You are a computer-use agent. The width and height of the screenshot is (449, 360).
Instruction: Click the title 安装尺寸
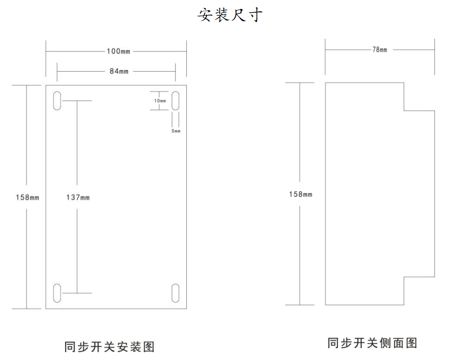[230, 15]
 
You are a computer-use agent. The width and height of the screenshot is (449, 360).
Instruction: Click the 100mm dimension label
[118, 52]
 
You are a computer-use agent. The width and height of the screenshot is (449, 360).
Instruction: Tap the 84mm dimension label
[119, 71]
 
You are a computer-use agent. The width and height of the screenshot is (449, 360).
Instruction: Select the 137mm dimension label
[78, 197]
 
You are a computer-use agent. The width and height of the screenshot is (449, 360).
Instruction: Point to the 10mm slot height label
[160, 101]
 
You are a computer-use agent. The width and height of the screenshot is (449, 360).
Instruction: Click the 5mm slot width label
[176, 131]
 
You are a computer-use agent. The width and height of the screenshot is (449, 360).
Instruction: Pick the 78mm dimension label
[380, 50]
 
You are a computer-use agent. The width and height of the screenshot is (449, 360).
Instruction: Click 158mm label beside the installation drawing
[28, 197]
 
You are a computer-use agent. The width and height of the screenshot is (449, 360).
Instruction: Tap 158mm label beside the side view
[301, 195]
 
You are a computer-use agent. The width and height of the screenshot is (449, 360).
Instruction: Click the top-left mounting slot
[57, 101]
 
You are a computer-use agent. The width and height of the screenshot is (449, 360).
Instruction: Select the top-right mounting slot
[176, 101]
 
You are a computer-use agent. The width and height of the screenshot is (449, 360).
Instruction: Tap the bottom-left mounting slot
[57, 293]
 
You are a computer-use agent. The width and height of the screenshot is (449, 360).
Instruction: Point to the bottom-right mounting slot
[176, 293]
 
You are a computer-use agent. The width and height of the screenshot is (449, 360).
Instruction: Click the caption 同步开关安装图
[109, 347]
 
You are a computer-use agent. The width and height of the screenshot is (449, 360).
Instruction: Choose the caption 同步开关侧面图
[372, 343]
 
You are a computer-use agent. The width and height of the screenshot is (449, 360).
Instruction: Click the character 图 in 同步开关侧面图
[411, 343]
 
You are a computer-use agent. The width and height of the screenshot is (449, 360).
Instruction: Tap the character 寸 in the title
[255, 15]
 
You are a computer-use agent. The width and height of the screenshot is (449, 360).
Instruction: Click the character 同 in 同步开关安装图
[71, 347]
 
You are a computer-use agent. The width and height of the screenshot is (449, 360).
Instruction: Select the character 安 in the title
[205, 15]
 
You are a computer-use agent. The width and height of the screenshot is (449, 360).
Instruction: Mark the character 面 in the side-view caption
[398, 343]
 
